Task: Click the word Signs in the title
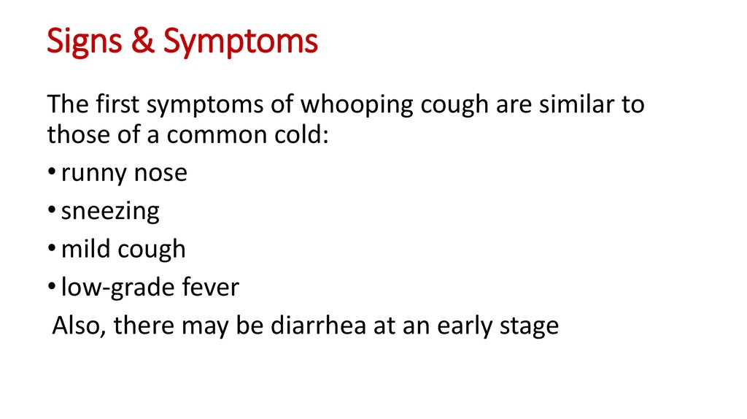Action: point(85,42)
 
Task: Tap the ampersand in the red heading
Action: point(143,40)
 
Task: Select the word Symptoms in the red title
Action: point(241,42)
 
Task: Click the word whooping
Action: point(357,106)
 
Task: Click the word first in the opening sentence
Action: point(117,104)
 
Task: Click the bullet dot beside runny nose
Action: point(52,171)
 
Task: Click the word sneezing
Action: point(110,212)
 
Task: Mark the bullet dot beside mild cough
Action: point(52,247)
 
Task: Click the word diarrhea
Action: point(318,325)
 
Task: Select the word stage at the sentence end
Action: point(529,328)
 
